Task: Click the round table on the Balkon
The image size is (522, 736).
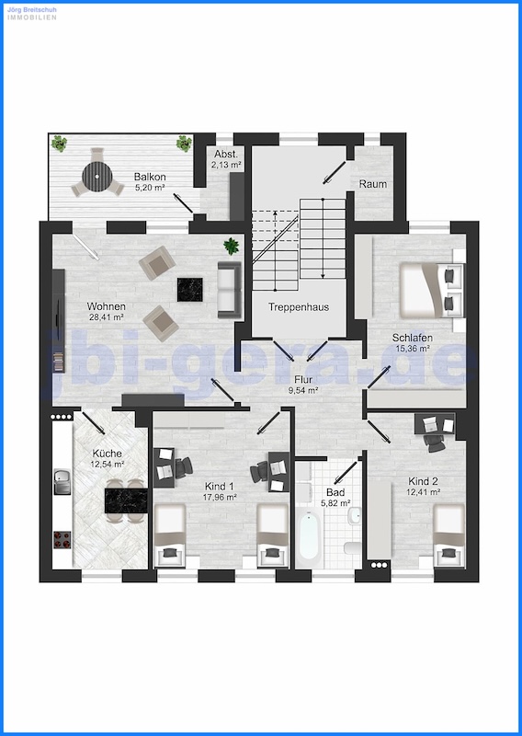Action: tap(97, 176)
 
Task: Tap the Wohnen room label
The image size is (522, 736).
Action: tap(106, 306)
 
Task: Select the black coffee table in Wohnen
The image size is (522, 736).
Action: tap(190, 289)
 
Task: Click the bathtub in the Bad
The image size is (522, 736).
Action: tap(309, 535)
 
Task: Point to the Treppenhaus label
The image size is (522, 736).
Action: tap(299, 307)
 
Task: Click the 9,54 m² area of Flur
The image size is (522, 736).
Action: tap(303, 389)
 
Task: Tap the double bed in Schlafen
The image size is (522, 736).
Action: tap(431, 290)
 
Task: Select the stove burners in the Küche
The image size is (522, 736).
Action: tap(62, 539)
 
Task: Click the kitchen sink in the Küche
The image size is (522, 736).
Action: tap(62, 481)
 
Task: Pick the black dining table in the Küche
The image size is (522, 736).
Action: tap(126, 500)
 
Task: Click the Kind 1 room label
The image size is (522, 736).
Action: tap(220, 487)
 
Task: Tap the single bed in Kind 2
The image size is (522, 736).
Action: tap(448, 535)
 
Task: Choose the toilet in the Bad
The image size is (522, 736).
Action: tap(352, 547)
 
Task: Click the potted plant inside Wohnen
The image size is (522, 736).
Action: tap(232, 246)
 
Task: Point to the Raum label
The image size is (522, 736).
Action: tap(373, 184)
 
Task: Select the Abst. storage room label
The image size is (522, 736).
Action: tap(226, 155)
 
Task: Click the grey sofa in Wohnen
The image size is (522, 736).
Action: tap(230, 290)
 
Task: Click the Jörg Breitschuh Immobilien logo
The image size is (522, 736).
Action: tap(32, 13)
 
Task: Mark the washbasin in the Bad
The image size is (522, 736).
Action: tap(355, 515)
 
